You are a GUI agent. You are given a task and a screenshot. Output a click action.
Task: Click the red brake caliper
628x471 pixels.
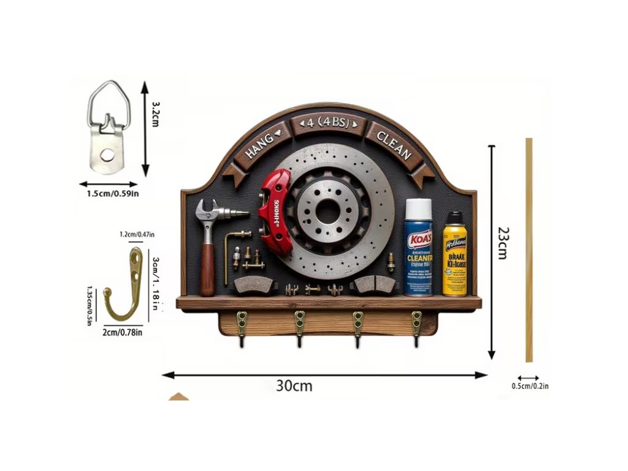click(274, 210)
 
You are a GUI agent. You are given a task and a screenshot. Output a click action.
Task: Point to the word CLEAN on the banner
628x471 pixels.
click(392, 145)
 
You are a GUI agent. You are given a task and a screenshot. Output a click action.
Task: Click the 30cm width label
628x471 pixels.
click(294, 386)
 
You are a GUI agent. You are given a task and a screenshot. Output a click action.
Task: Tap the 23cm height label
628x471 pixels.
click(503, 242)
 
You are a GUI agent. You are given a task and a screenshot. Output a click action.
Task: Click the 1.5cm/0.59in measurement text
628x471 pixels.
click(112, 194)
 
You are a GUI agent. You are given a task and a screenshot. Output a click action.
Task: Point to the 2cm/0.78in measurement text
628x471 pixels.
click(123, 332)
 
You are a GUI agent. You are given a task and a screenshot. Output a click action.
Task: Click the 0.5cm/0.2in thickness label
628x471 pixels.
click(530, 386)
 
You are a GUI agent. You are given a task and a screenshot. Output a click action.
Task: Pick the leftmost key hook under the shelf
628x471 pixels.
click(242, 329)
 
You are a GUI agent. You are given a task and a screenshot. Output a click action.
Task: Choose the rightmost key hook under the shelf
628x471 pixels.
click(416, 328)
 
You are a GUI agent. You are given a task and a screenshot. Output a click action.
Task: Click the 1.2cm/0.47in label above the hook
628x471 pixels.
click(137, 234)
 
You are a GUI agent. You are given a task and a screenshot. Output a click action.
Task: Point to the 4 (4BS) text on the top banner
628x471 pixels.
click(327, 123)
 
